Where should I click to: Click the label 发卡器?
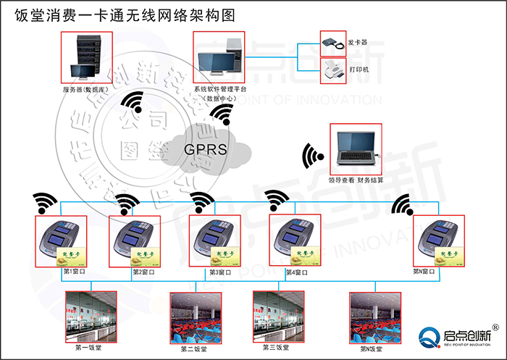pos(356,43)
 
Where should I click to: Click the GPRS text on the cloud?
pos(206,151)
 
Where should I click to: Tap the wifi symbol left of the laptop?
pos(314,156)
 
